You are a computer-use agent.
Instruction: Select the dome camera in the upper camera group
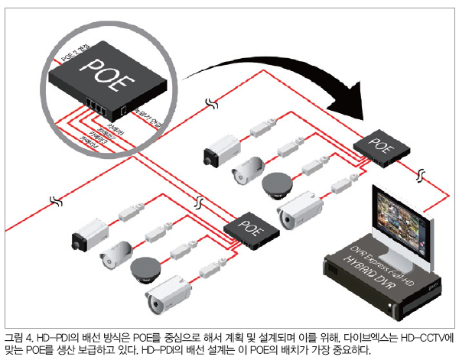pyautogui.click(x=277, y=183)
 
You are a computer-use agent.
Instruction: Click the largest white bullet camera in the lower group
pyautogui.click(x=168, y=294)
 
